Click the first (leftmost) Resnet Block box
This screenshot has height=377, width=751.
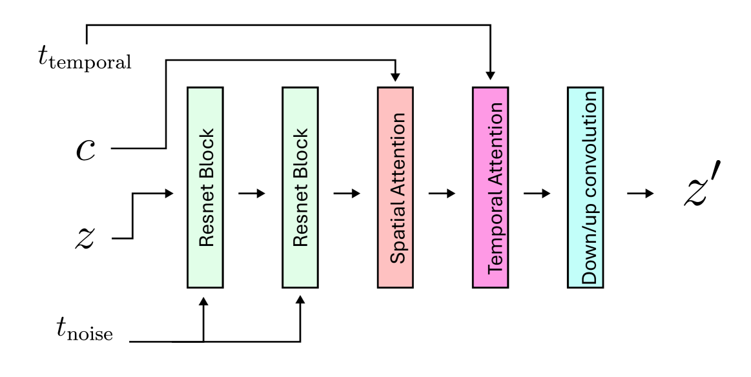[x=205, y=187]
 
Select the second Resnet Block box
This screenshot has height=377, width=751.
[x=300, y=187]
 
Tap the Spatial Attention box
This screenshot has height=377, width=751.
[x=395, y=187]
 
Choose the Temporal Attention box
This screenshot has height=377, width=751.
[x=490, y=187]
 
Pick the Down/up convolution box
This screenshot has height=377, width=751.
[x=586, y=187]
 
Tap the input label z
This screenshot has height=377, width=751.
[x=85, y=238]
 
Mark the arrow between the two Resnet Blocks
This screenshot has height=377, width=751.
[x=252, y=194]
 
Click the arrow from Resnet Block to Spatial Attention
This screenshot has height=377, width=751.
[x=347, y=194]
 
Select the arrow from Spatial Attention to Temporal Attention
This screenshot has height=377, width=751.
[x=442, y=194]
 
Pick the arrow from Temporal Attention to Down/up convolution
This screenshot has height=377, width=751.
[x=537, y=194]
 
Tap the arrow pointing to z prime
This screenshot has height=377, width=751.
[x=639, y=194]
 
